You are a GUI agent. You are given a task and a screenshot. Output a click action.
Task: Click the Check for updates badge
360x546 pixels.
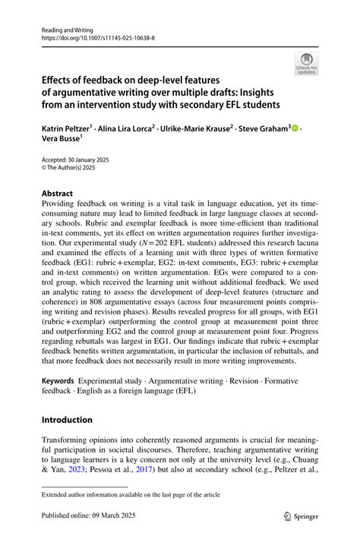(x=307, y=63)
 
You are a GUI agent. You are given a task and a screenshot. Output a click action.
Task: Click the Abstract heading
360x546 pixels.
(x=58, y=194)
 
